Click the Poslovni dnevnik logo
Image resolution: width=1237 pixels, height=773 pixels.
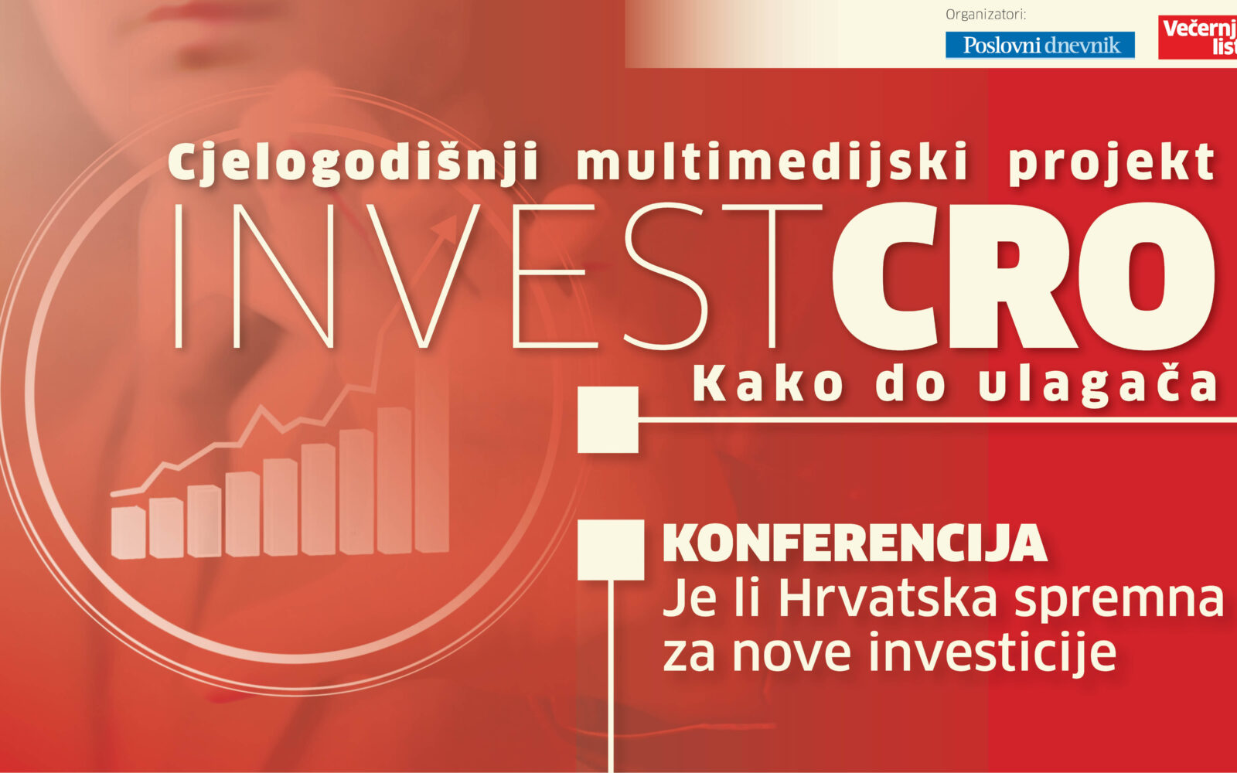1040,45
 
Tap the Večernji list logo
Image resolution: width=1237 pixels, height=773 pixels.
1198,37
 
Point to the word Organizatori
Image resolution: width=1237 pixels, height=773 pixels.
985,15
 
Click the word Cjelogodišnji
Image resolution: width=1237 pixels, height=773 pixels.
353,162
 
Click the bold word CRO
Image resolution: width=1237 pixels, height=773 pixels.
1024,275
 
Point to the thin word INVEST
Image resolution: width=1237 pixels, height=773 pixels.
498,275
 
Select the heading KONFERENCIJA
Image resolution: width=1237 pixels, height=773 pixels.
855,544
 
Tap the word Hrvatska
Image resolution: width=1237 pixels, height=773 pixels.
888,598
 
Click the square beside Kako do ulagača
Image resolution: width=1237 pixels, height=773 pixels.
608,420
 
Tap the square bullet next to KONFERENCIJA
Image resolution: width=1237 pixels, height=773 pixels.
611,550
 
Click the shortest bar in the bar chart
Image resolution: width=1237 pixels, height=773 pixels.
128,532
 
